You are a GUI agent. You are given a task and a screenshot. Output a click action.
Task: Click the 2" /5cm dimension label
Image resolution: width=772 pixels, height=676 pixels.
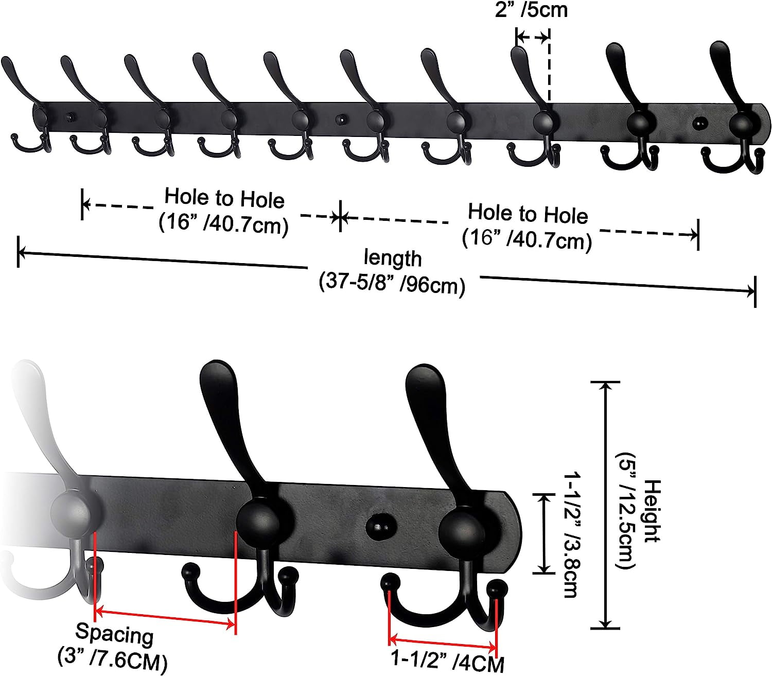coord(531,10)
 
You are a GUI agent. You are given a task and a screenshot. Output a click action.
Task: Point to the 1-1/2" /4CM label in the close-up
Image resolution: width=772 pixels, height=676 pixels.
coord(448,661)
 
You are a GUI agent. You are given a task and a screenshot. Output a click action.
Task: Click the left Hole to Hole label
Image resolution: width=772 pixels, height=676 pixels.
coord(224,212)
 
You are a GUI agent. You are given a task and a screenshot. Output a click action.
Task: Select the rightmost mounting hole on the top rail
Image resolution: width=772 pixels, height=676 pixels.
coord(699,123)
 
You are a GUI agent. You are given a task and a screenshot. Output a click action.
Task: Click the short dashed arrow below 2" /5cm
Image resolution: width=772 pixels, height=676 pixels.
coord(532,37)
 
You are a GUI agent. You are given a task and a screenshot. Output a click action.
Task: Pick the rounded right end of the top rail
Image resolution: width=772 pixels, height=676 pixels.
coord(764,123)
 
